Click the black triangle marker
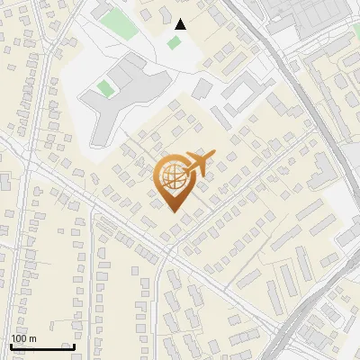pos(181,24)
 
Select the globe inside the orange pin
pos(172,177)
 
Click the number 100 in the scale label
pos(20,338)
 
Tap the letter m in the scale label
pos(33,338)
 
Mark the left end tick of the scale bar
pos(12,346)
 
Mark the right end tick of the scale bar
pos(74,346)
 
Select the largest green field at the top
pos(118,24)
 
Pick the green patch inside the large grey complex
pos(105,88)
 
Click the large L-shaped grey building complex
pos(126,94)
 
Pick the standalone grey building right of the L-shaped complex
pos(202,89)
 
